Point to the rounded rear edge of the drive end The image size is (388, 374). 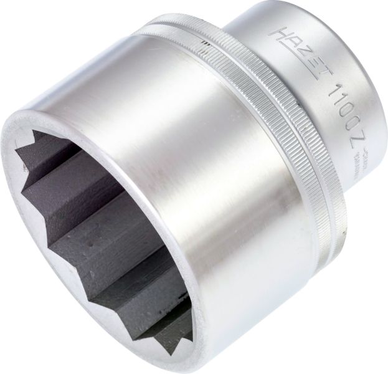coord(374,93)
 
